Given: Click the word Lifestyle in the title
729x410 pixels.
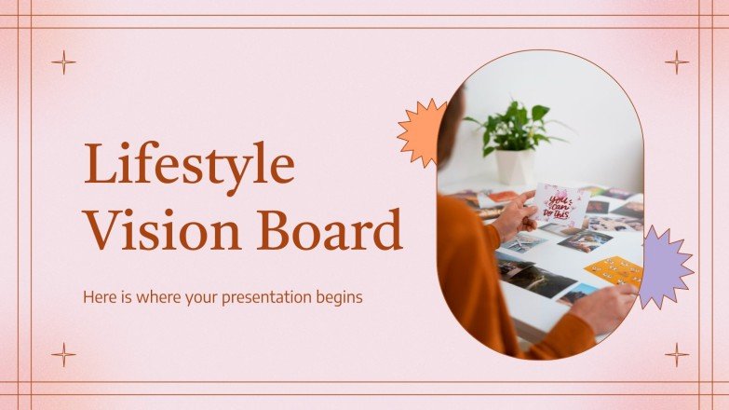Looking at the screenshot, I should (189, 166).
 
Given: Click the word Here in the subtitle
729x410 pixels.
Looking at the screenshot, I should (100, 298).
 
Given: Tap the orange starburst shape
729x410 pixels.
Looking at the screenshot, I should (423, 131).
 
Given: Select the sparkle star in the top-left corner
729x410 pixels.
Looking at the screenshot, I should (63, 62).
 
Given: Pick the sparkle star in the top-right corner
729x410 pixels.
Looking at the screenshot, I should (677, 62).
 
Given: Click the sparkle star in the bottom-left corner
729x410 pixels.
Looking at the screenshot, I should (63, 354).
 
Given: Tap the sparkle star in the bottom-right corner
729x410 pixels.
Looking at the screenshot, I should (677, 354).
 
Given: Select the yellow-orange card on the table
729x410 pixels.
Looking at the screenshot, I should (614, 270).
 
